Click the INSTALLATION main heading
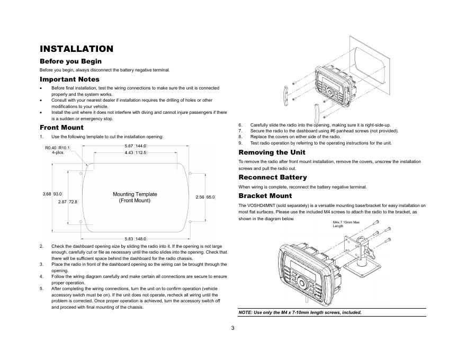tap(77, 49)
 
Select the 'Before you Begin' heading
tap(70, 61)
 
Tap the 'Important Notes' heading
tap(69, 79)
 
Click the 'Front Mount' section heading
tap(61, 128)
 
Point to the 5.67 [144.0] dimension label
tap(135, 146)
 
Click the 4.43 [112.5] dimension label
tap(136, 152)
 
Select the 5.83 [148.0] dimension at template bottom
tap(136, 239)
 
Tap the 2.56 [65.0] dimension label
tap(205, 196)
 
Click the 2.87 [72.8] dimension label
tap(68, 202)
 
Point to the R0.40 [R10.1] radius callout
tap(57, 148)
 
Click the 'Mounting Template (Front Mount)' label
tap(135, 197)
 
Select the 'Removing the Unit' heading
tap(272, 152)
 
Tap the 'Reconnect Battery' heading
tap(273, 177)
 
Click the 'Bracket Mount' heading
tap(265, 196)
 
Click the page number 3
tap(232, 328)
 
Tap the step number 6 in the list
tap(240, 125)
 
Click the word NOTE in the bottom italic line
tap(245, 312)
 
